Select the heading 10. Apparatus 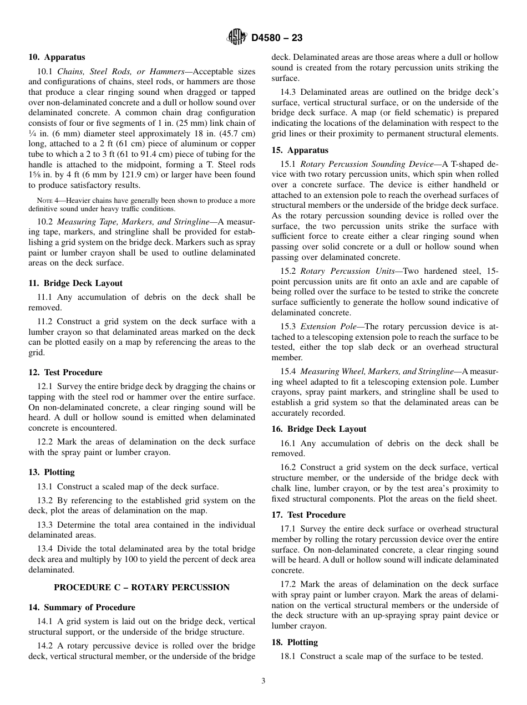click(x=57, y=57)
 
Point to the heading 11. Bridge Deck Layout click(x=75, y=283)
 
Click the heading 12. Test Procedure click(x=65, y=372)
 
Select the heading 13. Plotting click(x=52, y=472)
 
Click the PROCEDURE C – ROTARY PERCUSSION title click(x=141, y=587)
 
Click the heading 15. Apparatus click(x=300, y=150)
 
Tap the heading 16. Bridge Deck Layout click(x=318, y=429)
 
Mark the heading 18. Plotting click(x=295, y=642)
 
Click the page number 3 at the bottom click(x=263, y=681)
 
